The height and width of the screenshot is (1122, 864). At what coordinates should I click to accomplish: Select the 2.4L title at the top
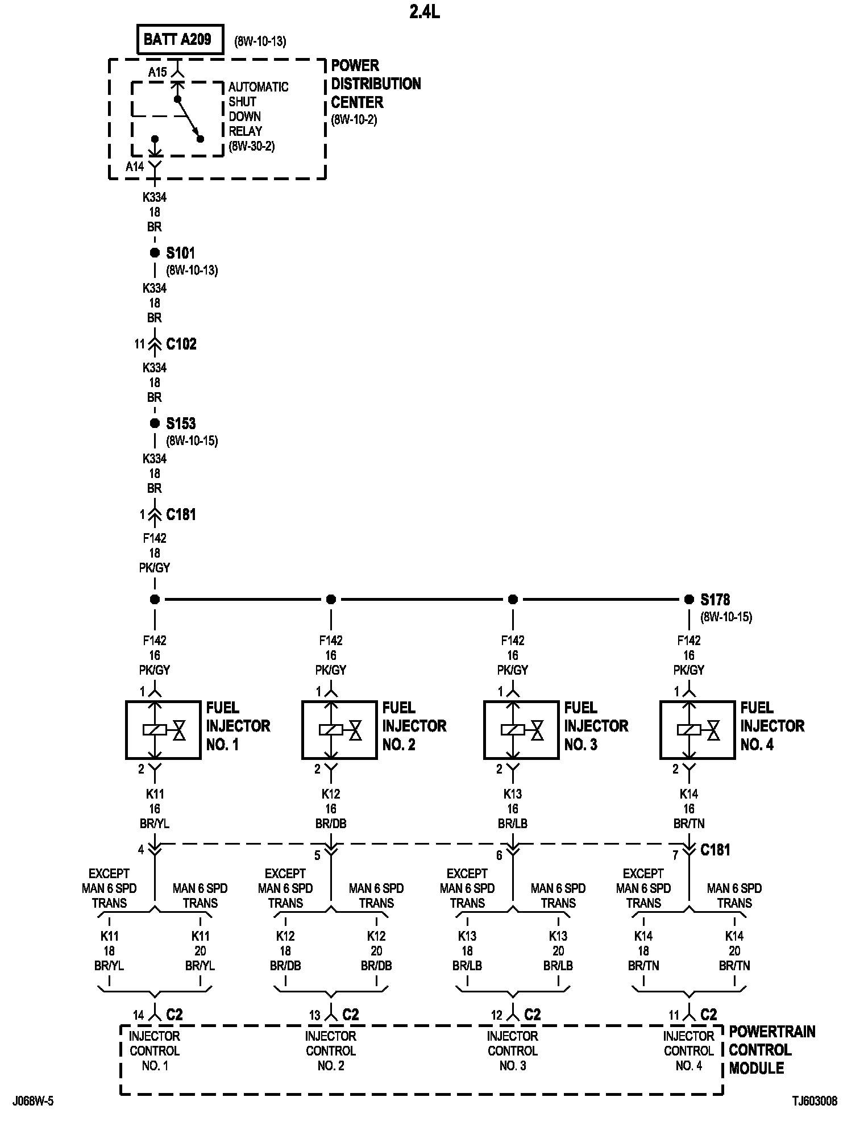(x=424, y=12)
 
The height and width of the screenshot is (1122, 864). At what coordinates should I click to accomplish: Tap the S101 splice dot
(x=155, y=253)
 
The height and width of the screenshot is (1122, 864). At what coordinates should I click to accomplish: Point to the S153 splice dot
(x=155, y=423)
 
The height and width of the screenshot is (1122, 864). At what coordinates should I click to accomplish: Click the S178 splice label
(x=715, y=600)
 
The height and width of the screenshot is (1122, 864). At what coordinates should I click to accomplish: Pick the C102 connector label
(x=181, y=344)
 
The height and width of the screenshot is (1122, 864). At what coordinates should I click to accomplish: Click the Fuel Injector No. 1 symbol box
(x=163, y=730)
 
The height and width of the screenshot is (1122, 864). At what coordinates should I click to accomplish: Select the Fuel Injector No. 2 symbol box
(x=339, y=730)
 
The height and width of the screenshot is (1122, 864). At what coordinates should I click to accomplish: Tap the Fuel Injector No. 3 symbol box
(x=521, y=730)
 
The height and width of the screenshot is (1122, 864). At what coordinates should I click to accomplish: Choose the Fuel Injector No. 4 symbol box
(x=697, y=730)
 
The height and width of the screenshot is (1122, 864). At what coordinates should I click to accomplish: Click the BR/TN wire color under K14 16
(x=689, y=824)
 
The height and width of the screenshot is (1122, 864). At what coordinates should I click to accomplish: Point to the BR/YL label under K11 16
(x=155, y=824)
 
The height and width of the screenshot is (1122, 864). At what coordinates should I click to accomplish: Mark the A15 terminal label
(x=157, y=72)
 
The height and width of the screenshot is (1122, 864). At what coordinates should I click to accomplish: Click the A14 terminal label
(x=135, y=167)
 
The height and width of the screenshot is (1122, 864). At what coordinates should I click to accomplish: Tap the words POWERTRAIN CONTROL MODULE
(x=771, y=1050)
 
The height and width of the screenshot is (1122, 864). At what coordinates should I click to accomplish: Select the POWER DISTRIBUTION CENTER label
(x=376, y=84)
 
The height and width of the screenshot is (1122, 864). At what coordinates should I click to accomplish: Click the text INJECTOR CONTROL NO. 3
(x=513, y=1051)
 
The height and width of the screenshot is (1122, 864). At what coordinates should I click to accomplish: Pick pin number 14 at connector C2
(x=138, y=1015)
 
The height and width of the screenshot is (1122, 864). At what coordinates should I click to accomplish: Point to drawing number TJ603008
(x=815, y=1102)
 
